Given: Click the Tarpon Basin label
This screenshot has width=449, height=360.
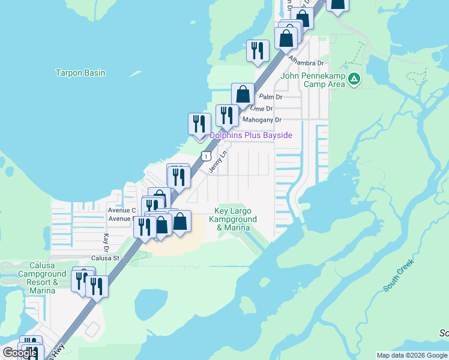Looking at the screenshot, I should click(x=80, y=73).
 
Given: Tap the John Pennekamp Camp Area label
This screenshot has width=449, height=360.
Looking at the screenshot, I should click(x=313, y=80).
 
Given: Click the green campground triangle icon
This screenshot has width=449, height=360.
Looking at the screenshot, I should click(x=355, y=79).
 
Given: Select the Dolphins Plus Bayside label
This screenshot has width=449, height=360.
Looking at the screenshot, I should click(x=250, y=136).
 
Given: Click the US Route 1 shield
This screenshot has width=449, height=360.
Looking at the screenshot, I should click(x=206, y=156).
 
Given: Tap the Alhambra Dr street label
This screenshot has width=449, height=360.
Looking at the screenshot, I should click(x=306, y=61).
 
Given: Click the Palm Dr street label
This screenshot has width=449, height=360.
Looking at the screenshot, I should click(x=270, y=97).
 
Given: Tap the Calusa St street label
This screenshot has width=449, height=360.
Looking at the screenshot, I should click(x=106, y=258).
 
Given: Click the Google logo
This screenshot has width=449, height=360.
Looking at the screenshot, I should click(x=20, y=353).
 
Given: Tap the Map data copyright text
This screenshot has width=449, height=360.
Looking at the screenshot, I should click(x=412, y=355).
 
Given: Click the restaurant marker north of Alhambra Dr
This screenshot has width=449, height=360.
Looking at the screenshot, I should click(x=258, y=51).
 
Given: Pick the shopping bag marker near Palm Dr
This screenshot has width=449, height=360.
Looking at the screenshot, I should click(x=243, y=94).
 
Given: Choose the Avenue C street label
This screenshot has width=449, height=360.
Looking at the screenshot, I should click(x=122, y=211).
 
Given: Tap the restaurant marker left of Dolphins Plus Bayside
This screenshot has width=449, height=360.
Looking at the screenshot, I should click(x=199, y=124).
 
